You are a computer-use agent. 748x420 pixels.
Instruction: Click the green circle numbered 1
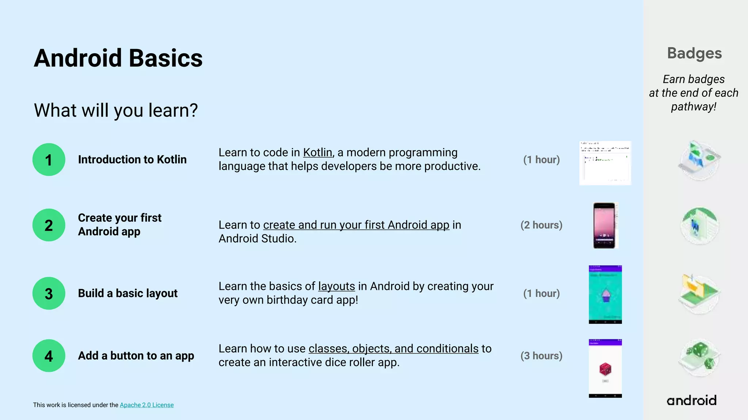click(49, 160)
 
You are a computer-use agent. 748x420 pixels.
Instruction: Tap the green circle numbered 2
click(49, 225)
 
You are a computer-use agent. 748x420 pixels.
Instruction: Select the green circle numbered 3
click(49, 293)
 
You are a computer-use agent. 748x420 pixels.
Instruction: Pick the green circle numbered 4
click(49, 356)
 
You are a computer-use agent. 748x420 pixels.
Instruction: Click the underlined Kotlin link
click(317, 152)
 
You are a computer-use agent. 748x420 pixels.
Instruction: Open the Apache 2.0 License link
click(146, 405)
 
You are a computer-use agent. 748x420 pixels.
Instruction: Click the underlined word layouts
click(336, 286)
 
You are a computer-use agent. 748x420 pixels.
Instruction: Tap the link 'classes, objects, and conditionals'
click(393, 349)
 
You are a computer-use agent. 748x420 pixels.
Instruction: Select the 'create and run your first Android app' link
click(356, 225)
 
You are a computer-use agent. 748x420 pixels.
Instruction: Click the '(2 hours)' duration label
click(541, 225)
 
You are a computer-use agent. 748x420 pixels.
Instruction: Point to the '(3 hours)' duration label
click(541, 356)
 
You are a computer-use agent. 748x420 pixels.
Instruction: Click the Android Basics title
click(118, 58)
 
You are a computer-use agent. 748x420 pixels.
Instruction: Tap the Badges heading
click(694, 53)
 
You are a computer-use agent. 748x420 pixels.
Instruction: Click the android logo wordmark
click(691, 400)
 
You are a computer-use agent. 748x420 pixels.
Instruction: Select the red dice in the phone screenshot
click(605, 369)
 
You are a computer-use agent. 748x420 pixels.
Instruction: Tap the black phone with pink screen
click(604, 225)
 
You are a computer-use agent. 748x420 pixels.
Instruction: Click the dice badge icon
click(699, 357)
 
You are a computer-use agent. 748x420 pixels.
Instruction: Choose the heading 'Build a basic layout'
click(127, 293)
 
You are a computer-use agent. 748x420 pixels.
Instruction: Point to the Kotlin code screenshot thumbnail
click(605, 163)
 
